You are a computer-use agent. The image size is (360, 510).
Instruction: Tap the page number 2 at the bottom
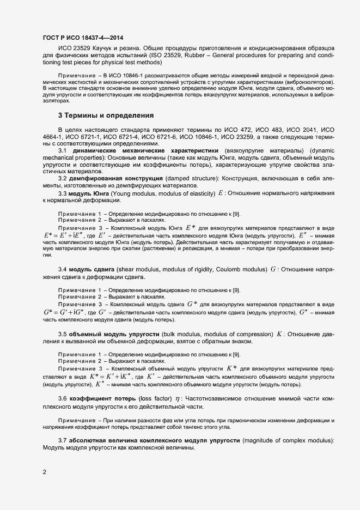(x=45, y=472)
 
